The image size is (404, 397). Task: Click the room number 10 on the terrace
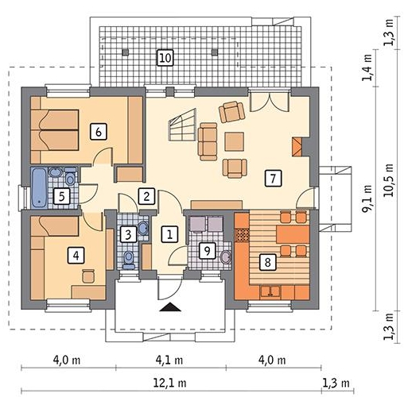click(x=165, y=57)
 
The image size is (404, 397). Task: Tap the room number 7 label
click(x=273, y=179)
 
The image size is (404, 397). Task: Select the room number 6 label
click(x=99, y=131)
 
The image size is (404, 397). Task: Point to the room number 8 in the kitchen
click(x=267, y=262)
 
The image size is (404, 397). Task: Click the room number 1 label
click(x=169, y=234)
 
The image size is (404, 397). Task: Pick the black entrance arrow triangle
click(x=170, y=307)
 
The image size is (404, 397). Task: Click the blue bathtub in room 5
click(x=40, y=188)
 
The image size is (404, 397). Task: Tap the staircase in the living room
click(x=183, y=125)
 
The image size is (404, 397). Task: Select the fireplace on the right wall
click(x=297, y=147)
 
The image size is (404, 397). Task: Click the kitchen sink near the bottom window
click(x=270, y=291)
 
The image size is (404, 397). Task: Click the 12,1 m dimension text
click(x=169, y=383)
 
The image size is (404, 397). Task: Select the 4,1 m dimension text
click(x=169, y=360)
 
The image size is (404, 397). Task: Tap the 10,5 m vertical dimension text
click(x=389, y=180)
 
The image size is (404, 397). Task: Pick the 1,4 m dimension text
click(x=367, y=67)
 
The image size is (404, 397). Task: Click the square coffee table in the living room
click(x=235, y=141)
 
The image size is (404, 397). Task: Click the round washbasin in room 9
click(x=226, y=257)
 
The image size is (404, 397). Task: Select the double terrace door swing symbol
click(x=270, y=102)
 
